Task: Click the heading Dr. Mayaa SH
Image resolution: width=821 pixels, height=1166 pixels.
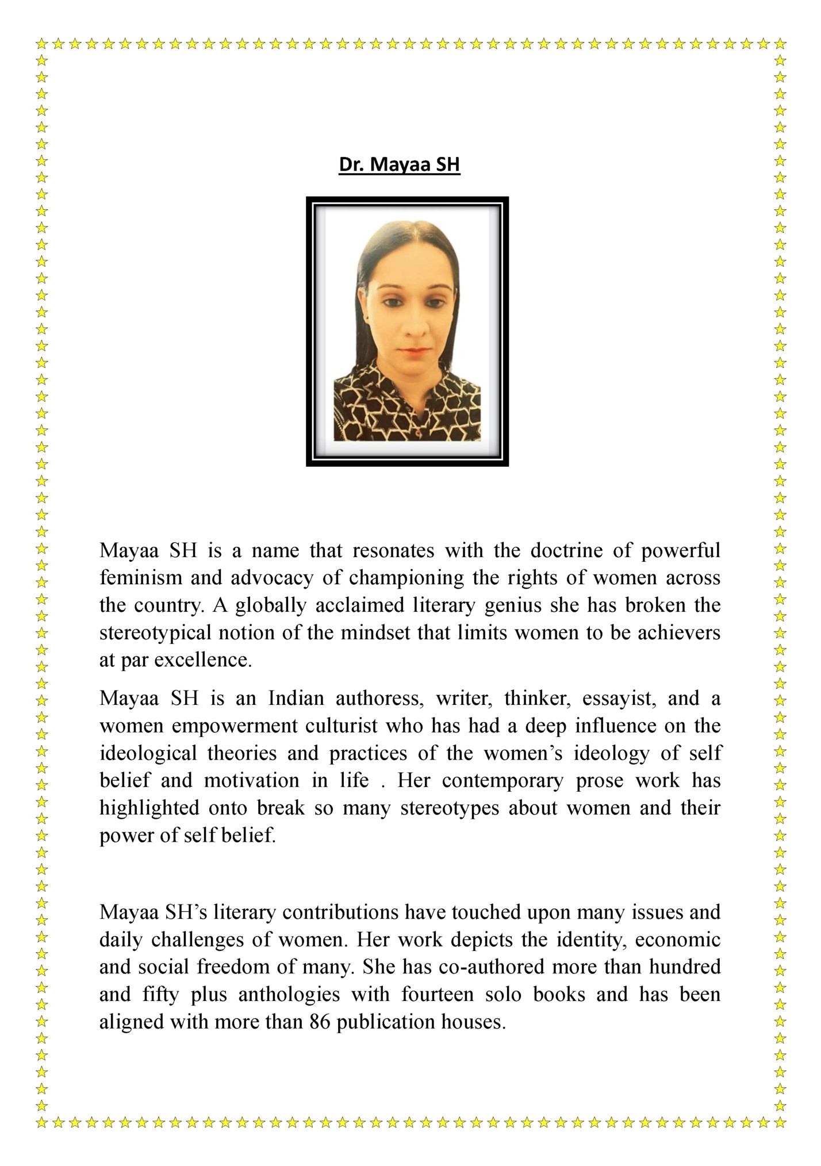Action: [x=399, y=164]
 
